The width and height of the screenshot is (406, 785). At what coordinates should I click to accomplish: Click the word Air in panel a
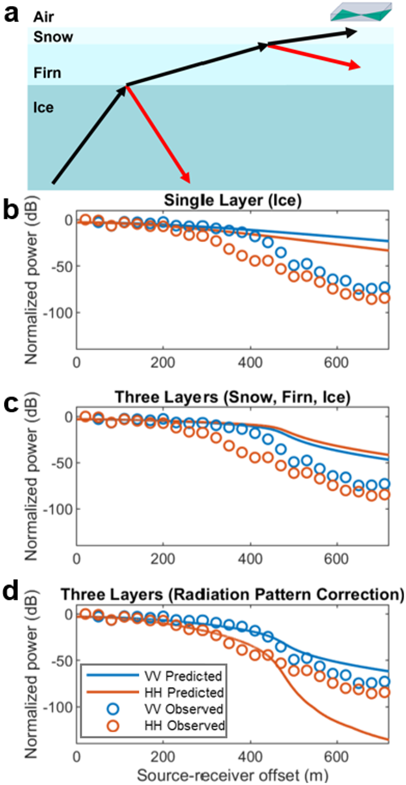pos(43,17)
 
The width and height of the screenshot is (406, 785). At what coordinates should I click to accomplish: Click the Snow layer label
pos(53,37)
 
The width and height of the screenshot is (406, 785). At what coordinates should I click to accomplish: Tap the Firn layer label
pos(47,73)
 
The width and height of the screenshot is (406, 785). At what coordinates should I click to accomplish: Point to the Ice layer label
pos(43,108)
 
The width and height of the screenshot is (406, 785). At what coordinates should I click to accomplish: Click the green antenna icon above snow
pos(361,11)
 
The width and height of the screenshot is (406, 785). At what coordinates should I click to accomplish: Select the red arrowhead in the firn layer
pos(355,66)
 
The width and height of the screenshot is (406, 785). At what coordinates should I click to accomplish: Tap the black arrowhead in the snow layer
pos(352,32)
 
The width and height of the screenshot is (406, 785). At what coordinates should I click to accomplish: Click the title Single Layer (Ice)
pos(233,201)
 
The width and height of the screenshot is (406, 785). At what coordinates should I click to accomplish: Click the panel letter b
pos(11,211)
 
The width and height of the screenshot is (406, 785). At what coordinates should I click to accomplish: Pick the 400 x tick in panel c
pos(250,559)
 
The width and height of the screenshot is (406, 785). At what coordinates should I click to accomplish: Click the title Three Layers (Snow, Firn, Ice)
pos(233,397)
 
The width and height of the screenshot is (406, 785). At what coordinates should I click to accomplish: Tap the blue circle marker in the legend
pos(113,709)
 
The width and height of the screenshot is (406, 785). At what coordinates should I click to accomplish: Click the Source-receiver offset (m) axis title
pos(232,775)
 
